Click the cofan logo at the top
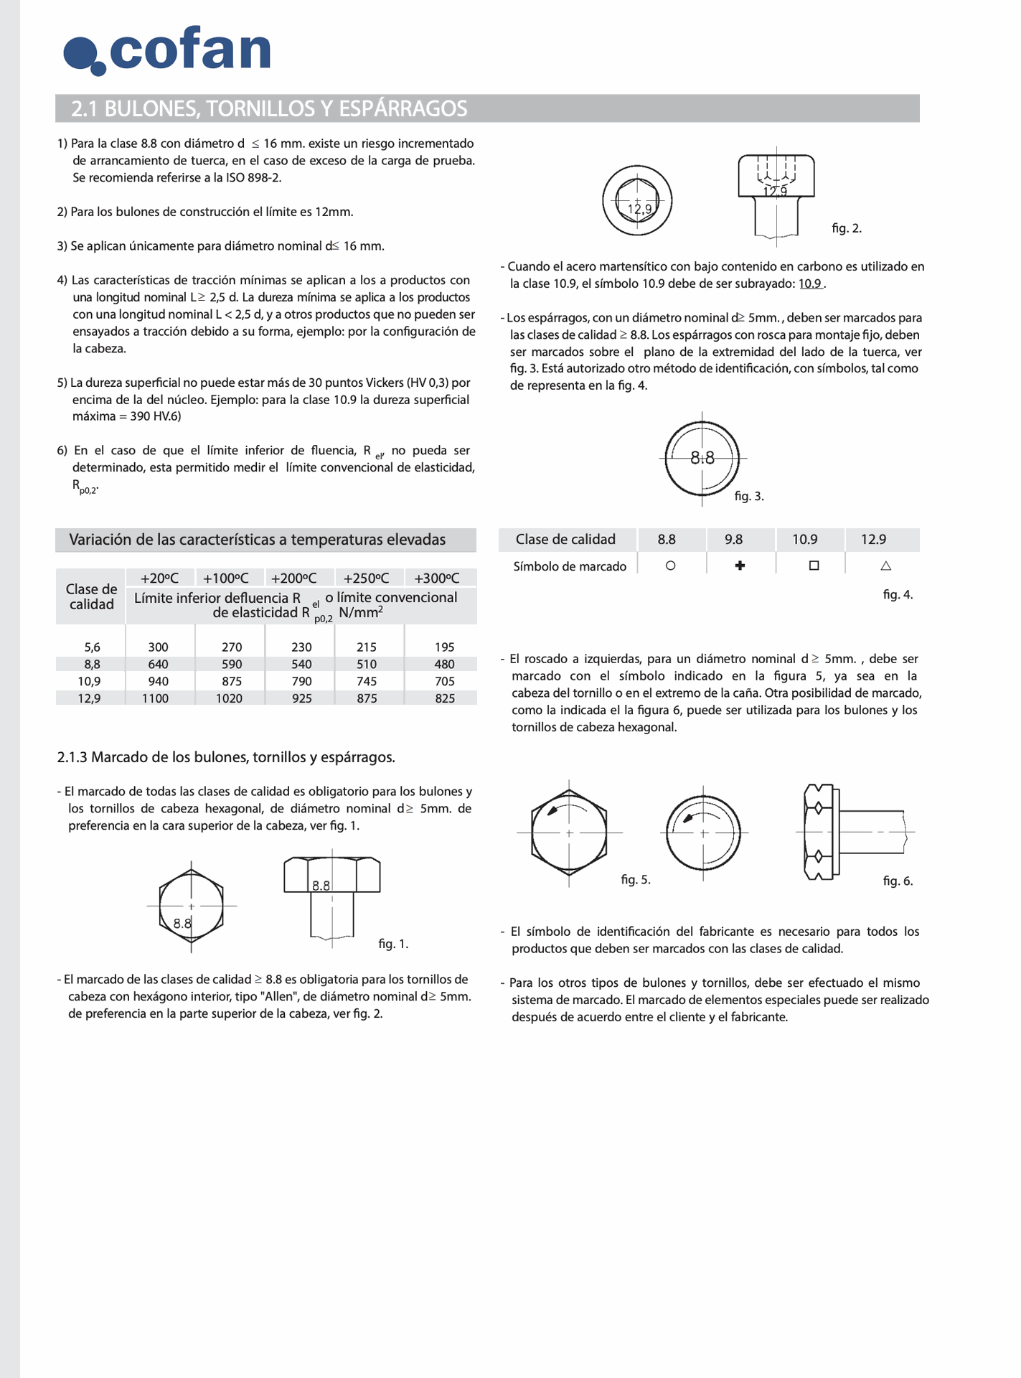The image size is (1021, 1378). point(167,50)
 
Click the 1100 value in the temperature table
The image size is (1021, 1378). point(156,698)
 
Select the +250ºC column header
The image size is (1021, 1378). point(366,578)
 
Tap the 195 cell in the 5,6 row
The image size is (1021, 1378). point(445,647)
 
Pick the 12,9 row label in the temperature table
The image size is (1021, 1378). point(90,698)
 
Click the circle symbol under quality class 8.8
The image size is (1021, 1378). point(670,566)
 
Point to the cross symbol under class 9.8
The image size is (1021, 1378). point(740,566)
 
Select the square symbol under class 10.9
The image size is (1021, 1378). point(814,566)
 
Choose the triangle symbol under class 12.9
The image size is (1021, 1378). point(885,566)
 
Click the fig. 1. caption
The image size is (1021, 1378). point(393,944)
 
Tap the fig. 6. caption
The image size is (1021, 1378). point(898,881)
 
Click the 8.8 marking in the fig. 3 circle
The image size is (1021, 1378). point(702,458)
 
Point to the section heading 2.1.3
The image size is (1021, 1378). point(226,757)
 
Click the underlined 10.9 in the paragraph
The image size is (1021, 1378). point(810,283)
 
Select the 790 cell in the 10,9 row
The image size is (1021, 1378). point(302,681)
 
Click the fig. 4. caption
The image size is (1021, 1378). point(898,595)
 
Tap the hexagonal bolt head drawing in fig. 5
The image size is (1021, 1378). point(569,833)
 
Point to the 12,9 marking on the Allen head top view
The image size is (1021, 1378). point(639,209)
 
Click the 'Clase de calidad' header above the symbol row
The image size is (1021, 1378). point(565,540)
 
